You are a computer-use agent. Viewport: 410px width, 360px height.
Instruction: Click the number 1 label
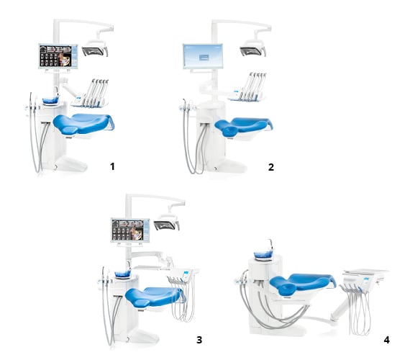point(112,166)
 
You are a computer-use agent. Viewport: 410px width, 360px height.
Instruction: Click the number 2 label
point(270,167)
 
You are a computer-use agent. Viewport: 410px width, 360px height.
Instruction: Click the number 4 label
point(386,339)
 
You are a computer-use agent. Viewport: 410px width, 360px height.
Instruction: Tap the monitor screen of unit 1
point(57,56)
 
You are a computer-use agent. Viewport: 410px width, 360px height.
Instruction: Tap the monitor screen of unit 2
point(204,56)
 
